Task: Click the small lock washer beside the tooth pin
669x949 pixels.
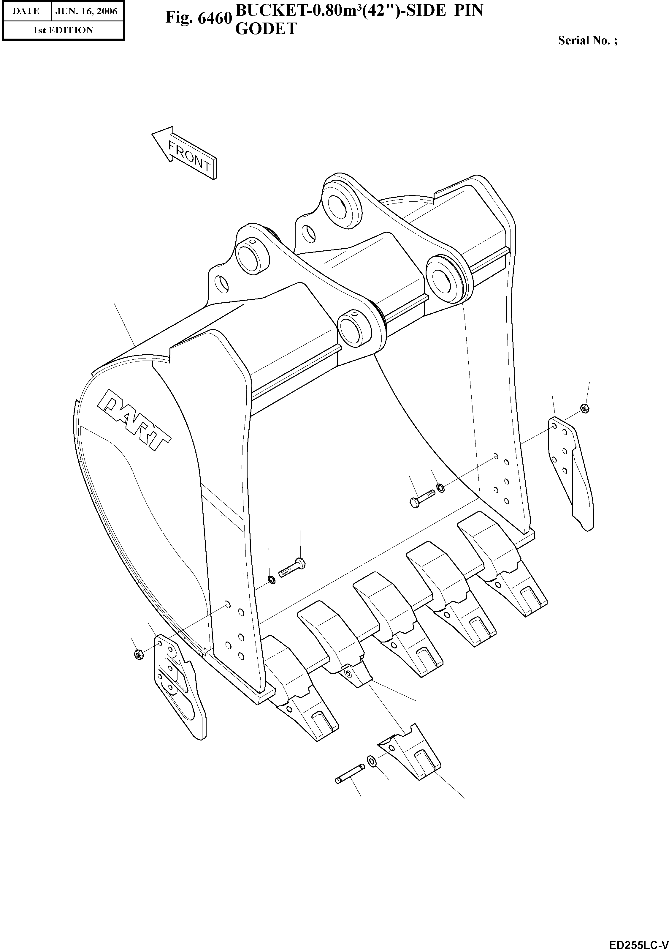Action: (371, 760)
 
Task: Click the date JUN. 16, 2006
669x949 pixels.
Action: (86, 11)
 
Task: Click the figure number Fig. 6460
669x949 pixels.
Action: (197, 18)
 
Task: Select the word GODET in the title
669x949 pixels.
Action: (266, 29)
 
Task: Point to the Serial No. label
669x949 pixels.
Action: (587, 40)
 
